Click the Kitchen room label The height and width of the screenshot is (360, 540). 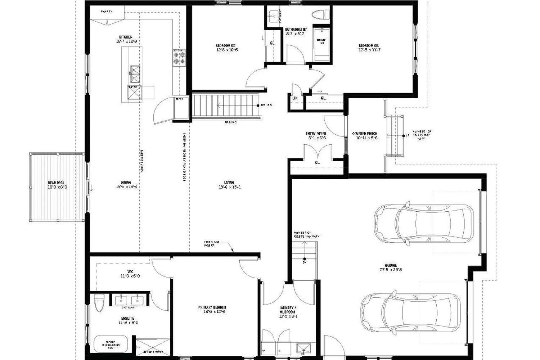[x=126, y=37]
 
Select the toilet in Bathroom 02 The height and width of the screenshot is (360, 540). [x=321, y=15]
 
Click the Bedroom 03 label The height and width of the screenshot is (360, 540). [x=369, y=46]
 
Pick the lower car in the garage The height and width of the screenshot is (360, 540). [x=410, y=312]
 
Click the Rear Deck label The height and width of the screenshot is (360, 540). [x=56, y=183]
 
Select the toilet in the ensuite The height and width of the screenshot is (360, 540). [x=99, y=303]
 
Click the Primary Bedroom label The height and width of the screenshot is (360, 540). [x=212, y=307]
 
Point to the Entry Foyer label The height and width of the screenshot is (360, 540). [x=316, y=134]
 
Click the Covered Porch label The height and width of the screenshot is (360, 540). [x=365, y=134]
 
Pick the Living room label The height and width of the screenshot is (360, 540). [x=229, y=183]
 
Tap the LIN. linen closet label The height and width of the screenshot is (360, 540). [x=295, y=98]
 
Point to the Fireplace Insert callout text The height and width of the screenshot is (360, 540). [x=212, y=244]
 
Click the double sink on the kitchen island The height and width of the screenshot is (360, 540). [x=135, y=74]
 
